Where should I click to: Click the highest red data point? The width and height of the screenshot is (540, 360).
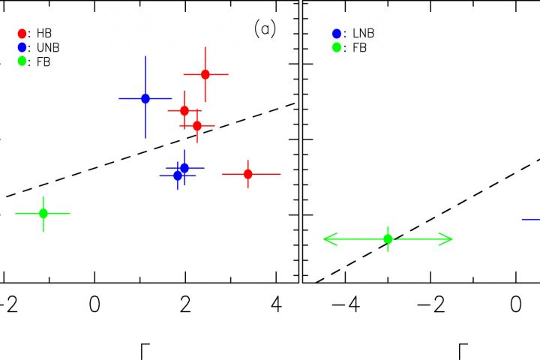(205, 74)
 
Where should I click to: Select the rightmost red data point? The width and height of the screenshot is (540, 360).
(248, 174)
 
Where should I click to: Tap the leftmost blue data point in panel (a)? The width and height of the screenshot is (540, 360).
(145, 98)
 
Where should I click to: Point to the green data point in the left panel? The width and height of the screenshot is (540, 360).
(43, 213)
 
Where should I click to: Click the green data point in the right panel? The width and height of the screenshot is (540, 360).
(388, 239)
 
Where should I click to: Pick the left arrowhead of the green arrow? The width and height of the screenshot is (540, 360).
(325, 239)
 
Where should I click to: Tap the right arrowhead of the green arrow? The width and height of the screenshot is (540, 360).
(450, 239)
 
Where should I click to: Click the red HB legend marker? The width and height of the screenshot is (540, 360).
(22, 34)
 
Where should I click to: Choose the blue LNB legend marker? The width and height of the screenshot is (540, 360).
(337, 34)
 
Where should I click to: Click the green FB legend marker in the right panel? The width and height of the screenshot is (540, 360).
(337, 47)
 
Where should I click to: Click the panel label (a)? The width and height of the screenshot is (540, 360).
(265, 29)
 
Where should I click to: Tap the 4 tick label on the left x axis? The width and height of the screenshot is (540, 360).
(277, 306)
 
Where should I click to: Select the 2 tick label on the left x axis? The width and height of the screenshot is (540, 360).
(185, 306)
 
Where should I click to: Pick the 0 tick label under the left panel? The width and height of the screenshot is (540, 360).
(94, 306)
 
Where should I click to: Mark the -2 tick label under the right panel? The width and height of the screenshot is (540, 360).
(424, 306)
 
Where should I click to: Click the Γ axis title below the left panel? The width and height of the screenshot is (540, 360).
(146, 351)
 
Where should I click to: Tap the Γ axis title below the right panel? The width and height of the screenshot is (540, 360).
(463, 351)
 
